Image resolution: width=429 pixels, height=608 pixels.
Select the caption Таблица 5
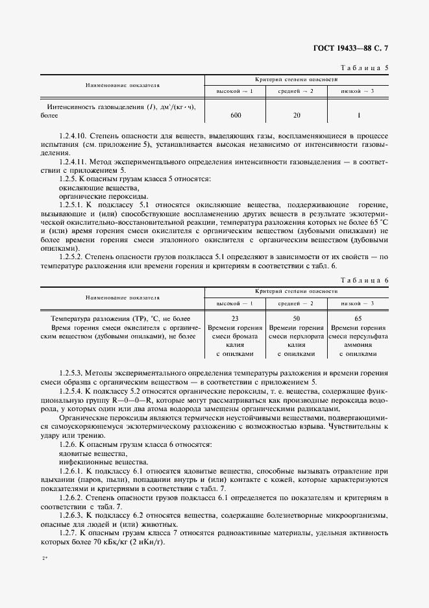click(365, 68)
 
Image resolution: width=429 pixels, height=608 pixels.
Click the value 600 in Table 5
click(235, 115)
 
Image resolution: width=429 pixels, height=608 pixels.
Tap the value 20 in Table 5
click(296, 115)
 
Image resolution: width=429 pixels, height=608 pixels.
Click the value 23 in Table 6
click(235, 319)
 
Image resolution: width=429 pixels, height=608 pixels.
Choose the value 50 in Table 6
click(296, 319)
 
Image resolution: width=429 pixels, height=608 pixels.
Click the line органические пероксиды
click(93, 196)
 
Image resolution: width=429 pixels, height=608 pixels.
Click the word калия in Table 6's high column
click(235, 345)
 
